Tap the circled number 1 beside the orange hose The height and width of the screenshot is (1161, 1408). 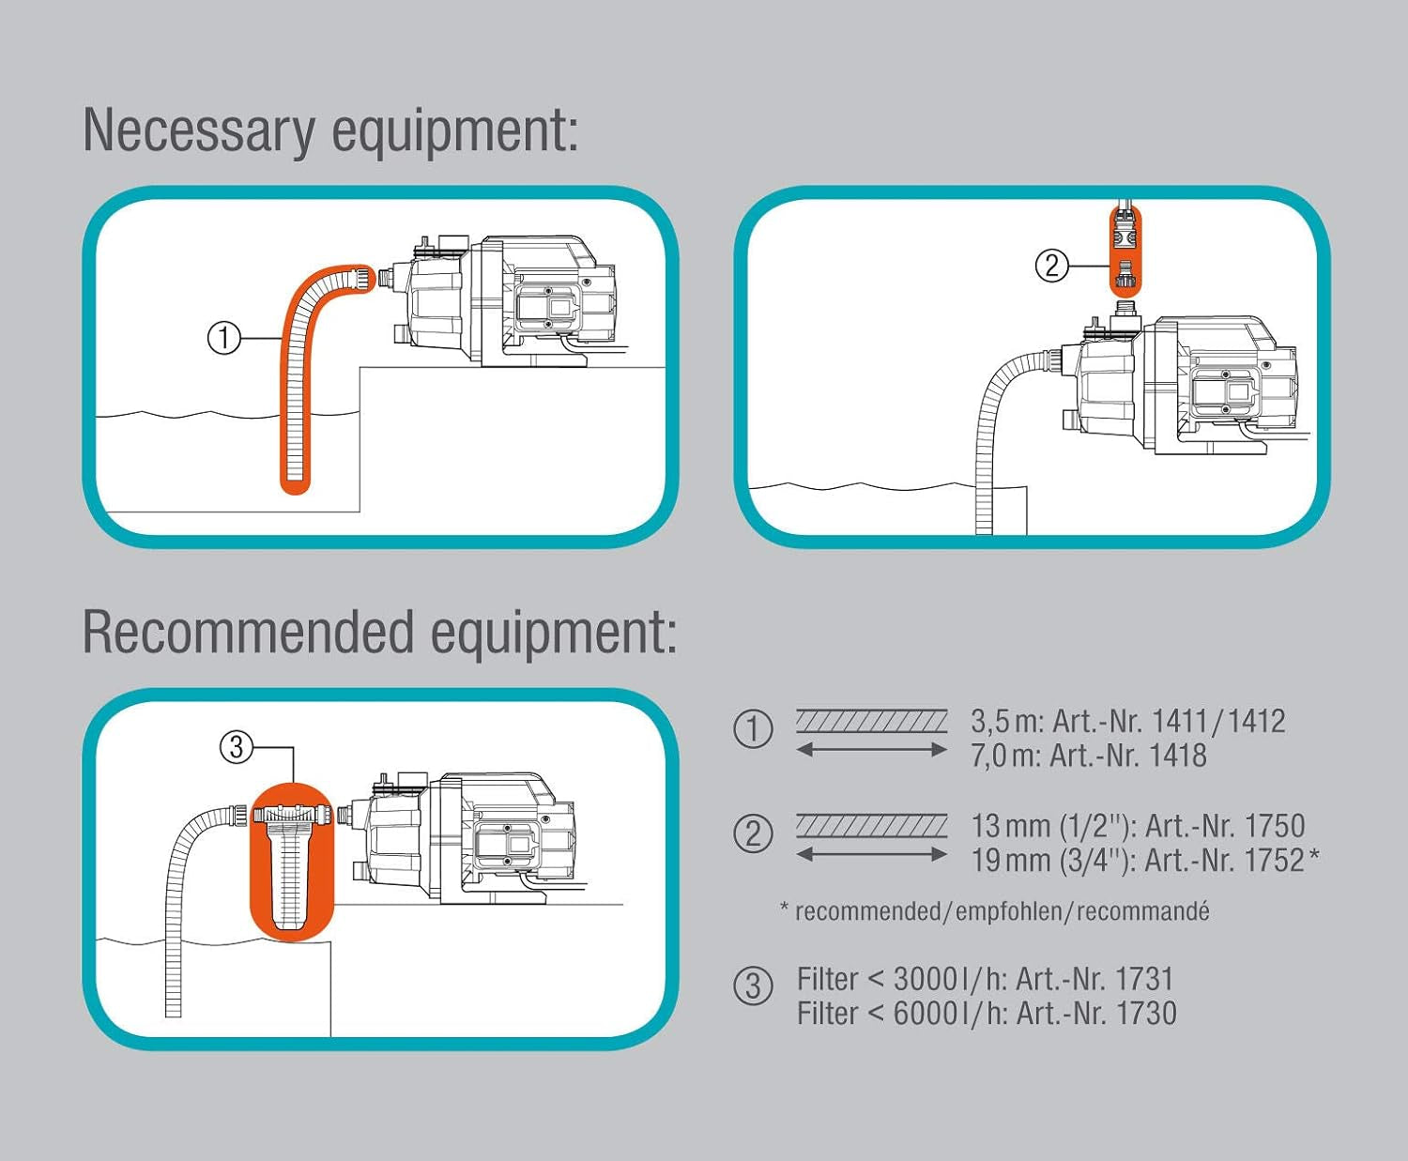223,338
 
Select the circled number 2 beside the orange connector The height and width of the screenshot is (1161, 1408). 1051,266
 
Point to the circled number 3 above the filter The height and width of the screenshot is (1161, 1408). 236,747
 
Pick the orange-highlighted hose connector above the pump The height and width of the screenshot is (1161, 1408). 1125,249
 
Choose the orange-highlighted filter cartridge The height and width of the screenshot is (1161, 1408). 291,863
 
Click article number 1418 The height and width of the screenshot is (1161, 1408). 1178,756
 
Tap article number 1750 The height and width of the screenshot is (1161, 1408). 1274,826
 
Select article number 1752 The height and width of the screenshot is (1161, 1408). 1274,860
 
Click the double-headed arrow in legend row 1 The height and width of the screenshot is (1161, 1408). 871,749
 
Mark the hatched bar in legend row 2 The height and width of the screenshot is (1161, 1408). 871,826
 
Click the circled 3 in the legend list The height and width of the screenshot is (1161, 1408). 753,986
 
